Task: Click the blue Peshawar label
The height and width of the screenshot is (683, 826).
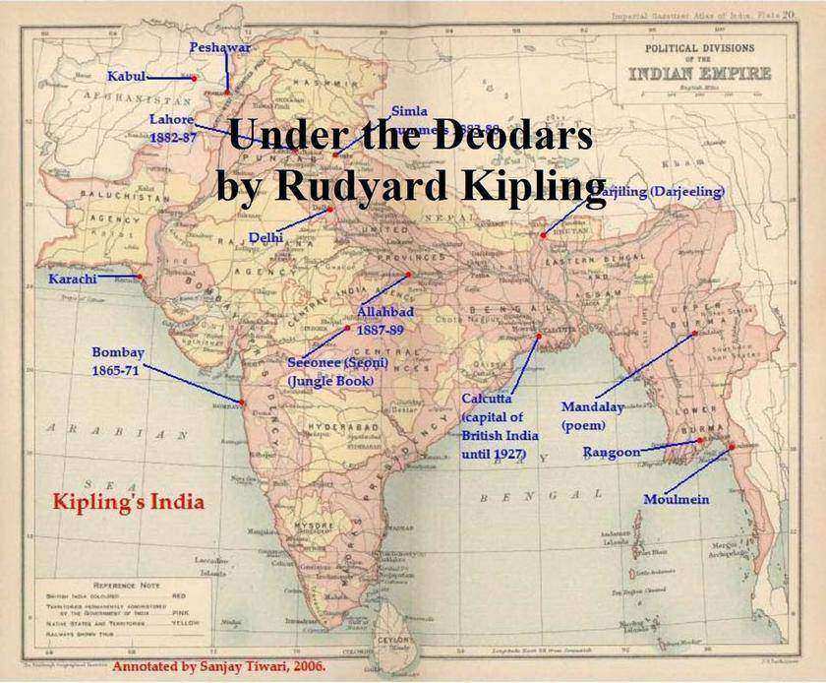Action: (x=220, y=47)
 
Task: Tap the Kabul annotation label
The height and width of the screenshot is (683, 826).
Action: (x=127, y=77)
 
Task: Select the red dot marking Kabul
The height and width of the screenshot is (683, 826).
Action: (x=195, y=78)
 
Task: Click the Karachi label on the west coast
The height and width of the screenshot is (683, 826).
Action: (x=73, y=279)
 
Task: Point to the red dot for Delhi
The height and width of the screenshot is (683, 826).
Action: (x=330, y=209)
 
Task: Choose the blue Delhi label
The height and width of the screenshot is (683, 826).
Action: (x=265, y=237)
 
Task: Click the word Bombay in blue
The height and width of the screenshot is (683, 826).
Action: (x=118, y=352)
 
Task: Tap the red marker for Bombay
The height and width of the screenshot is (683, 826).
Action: (x=242, y=402)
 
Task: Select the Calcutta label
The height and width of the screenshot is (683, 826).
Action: (x=486, y=399)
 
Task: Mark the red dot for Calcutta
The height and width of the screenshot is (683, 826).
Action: (x=539, y=337)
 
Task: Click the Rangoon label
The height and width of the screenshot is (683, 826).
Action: (x=611, y=452)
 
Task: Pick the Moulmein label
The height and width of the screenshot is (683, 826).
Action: (x=676, y=500)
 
